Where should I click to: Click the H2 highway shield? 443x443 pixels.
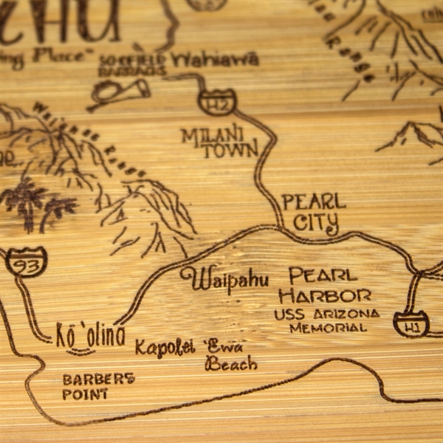[x=217, y=103]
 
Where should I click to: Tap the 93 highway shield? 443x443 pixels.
[x=27, y=261]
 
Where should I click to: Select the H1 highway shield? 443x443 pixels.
[x=411, y=323]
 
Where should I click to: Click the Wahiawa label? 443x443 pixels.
[x=215, y=60]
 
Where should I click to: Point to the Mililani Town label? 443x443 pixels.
[x=221, y=142]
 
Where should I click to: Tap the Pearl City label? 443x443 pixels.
[x=314, y=211]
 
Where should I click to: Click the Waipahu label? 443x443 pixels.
[x=224, y=279]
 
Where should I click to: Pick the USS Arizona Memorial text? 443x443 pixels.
[x=326, y=320]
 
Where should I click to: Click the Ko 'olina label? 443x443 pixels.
[x=91, y=335]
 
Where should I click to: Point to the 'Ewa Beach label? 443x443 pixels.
[x=230, y=354]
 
